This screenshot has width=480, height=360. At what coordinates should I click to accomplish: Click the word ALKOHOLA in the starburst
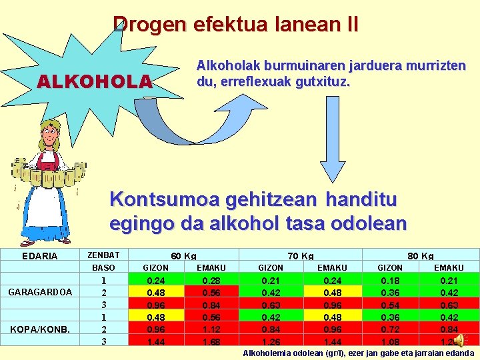(x=95, y=81)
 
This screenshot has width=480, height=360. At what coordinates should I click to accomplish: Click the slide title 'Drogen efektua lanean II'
(x=235, y=25)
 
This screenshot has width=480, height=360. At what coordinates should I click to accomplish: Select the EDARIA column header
(x=40, y=256)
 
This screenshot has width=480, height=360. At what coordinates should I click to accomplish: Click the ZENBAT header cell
(x=103, y=255)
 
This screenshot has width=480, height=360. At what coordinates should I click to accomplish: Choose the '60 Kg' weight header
(x=183, y=256)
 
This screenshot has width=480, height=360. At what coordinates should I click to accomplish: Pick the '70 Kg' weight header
(x=301, y=256)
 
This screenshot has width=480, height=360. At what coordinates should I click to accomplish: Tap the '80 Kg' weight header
(x=420, y=256)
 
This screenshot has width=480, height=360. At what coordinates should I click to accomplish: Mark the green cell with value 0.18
(x=390, y=281)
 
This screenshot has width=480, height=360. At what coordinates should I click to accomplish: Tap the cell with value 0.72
(x=390, y=329)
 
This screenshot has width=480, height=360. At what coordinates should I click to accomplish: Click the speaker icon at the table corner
(x=461, y=341)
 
